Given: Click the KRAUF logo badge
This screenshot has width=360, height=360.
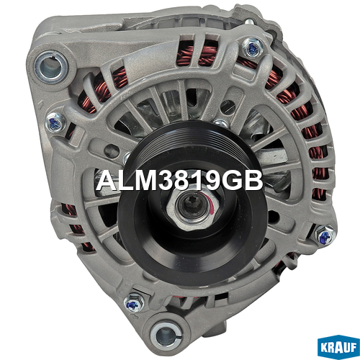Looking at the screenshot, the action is click(338, 347).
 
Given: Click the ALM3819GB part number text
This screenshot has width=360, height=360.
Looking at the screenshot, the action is click(179, 181).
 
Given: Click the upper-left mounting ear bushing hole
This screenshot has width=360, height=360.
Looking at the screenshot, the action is click(50, 66).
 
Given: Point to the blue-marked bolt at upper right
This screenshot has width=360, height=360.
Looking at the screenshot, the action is click(252, 48).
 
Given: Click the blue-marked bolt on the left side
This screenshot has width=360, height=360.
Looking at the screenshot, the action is click(55, 122).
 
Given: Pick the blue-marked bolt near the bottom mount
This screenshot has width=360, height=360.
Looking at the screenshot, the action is click(133, 303).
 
